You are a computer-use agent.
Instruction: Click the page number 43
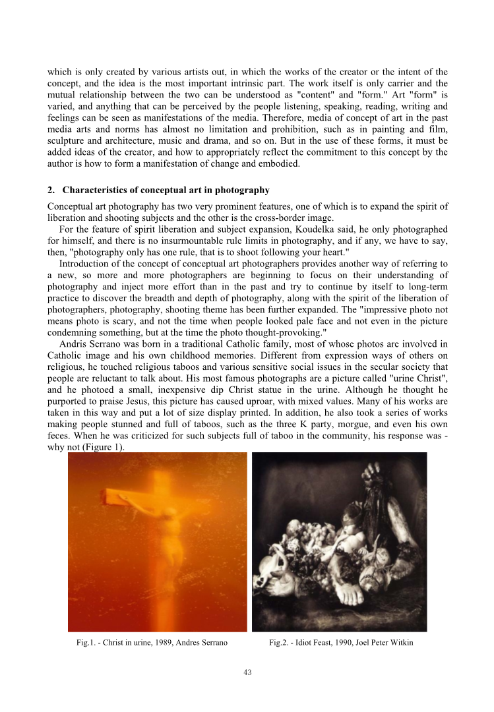pyautogui.click(x=247, y=672)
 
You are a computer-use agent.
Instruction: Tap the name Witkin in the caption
pyautogui.click(x=401, y=643)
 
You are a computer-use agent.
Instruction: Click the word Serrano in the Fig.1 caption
pyautogui.click(x=212, y=643)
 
